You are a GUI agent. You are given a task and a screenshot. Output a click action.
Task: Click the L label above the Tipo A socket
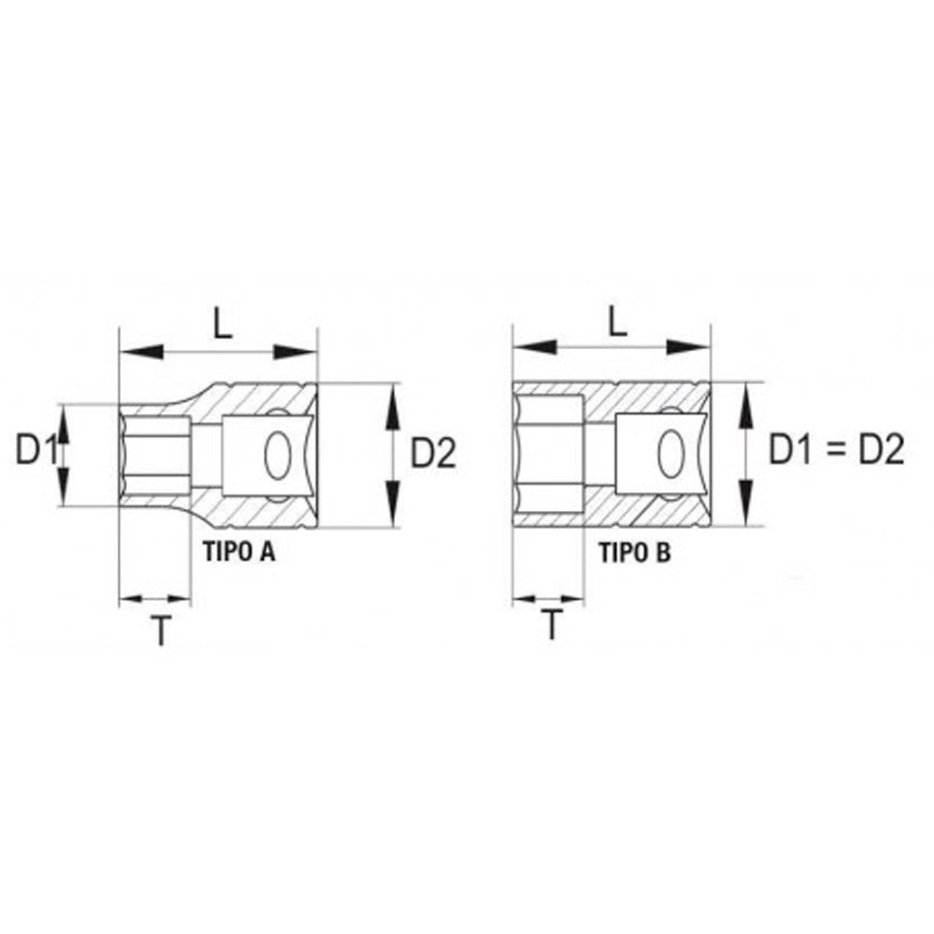pos(223,325)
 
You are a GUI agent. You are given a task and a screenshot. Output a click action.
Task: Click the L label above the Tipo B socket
pos(617,322)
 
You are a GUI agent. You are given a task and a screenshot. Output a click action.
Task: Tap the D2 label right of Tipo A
pos(433,453)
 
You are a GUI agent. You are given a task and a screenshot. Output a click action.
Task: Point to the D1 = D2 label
pos(836,449)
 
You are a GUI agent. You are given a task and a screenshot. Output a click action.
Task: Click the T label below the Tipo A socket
pos(161,630)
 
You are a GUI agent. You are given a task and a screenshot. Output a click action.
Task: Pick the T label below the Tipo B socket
pos(552,625)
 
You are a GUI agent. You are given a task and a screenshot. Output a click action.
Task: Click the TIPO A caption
pos(239,552)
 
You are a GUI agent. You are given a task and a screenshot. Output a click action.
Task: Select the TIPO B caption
pos(634,553)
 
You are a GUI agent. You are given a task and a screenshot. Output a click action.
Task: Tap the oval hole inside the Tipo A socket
pos(277,456)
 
